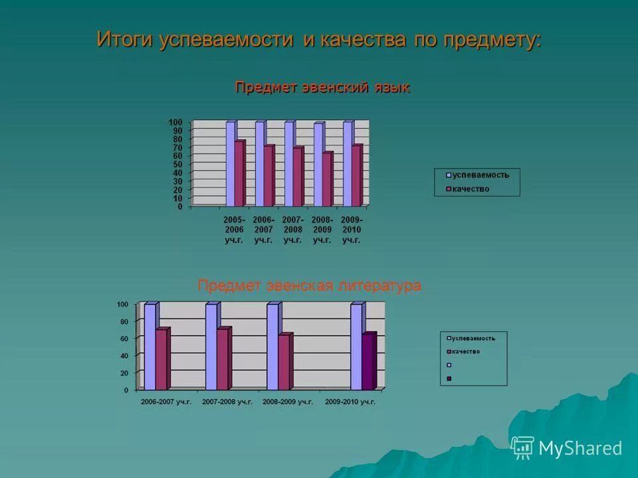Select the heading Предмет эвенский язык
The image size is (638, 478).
pos(322,88)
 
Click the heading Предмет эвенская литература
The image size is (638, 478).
pos(309,285)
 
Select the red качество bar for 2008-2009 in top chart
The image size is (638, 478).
pos(327,180)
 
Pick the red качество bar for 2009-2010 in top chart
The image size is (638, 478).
pos(356,176)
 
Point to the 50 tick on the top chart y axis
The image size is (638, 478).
pos(177,165)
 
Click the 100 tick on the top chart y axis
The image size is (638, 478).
pos(175,122)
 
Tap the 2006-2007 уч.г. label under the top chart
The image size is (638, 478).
pos(263,230)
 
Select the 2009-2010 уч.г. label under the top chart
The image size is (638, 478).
pos(351,230)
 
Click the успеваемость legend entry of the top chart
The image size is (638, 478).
pos(477,175)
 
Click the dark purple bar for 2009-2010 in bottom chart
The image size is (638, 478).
pos(368,362)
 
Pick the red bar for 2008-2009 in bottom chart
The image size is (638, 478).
pos(284,362)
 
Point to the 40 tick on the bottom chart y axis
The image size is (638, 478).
pos(124,356)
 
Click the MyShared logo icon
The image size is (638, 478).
pos(522,448)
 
